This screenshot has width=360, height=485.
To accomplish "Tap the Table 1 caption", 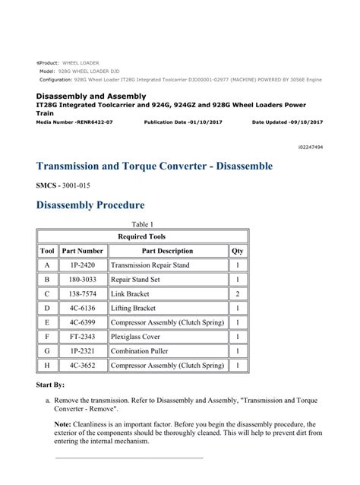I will click(143, 224).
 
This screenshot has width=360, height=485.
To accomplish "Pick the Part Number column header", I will click(82, 251).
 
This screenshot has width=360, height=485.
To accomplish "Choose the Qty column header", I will click(238, 251).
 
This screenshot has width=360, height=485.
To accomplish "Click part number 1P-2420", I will click(82, 265).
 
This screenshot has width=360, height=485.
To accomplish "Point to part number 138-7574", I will click(82, 294).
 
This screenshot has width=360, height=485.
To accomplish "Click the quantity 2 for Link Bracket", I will click(238, 294).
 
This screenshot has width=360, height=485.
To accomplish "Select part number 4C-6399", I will click(82, 322).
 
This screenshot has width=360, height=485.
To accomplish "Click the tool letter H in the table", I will click(46, 366).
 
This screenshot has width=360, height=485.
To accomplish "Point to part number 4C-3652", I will click(82, 366).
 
